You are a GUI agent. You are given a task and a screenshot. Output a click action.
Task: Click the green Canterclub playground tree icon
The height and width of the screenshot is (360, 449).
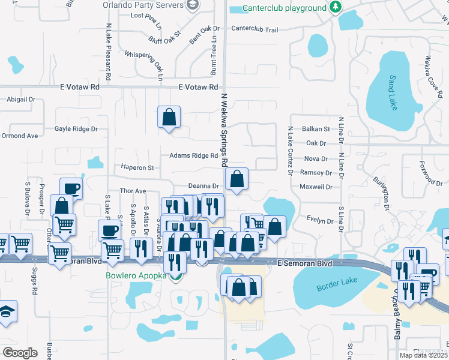pos(336,8)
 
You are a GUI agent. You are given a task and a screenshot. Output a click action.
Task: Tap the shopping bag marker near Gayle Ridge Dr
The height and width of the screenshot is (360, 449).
pos(169,116)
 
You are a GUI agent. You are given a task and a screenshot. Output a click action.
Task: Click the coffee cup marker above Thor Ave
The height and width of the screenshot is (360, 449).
pos(71,188)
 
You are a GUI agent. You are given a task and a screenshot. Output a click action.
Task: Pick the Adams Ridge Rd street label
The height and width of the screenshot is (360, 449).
pos(193,156)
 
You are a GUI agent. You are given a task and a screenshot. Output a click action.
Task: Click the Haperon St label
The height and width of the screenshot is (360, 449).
pos(137,167)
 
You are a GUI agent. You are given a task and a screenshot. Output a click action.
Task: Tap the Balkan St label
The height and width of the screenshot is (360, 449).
pos(316,129)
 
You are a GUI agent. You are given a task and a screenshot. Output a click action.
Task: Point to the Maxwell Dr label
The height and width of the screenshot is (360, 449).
pos(316,187)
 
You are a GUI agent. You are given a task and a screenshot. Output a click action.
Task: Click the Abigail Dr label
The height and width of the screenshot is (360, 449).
pos(21,100)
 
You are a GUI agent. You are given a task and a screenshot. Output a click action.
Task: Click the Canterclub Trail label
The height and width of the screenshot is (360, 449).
pos(255,29)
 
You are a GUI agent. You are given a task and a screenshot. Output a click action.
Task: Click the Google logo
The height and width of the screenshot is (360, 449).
pos(20,353)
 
